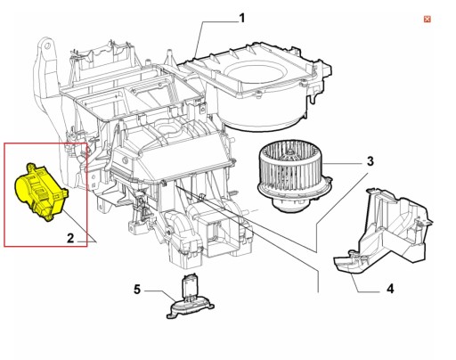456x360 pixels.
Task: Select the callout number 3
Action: (368, 161)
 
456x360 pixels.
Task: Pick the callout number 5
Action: (138, 289)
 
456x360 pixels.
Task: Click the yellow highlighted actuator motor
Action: (39, 191)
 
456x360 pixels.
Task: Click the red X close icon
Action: (427, 19)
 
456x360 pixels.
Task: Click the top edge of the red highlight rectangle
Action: (45, 143)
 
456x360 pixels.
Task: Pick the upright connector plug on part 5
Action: (189, 287)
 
